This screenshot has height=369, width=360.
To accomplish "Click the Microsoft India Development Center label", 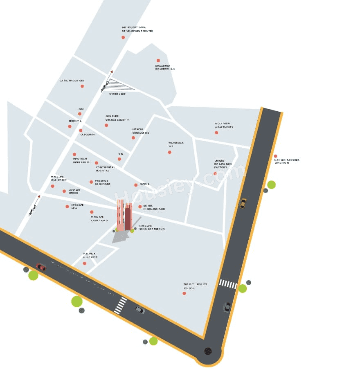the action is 137,29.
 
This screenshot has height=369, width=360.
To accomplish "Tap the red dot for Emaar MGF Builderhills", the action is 158,61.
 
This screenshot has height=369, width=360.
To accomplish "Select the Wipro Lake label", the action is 117,94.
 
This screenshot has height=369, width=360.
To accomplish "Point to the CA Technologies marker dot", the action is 82,86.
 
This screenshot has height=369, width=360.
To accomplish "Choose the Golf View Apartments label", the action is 224,125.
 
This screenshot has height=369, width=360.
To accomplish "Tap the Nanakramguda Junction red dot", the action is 275,156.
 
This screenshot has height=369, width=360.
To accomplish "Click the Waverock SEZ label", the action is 176,144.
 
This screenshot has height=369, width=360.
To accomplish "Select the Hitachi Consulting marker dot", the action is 133,137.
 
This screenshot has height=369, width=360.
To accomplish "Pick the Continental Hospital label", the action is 105,169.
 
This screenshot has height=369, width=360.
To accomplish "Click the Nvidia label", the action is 144,184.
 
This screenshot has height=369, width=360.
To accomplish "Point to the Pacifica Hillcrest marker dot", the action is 85,263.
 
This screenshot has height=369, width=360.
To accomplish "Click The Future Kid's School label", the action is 195,286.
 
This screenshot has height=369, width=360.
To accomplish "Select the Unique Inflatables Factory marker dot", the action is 215,173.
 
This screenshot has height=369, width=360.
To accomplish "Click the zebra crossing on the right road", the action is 228,283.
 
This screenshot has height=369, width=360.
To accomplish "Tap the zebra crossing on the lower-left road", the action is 121,306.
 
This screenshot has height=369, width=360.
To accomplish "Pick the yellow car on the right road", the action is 243,203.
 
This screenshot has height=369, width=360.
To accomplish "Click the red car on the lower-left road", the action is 41,267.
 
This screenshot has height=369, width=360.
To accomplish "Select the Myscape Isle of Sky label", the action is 59,178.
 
